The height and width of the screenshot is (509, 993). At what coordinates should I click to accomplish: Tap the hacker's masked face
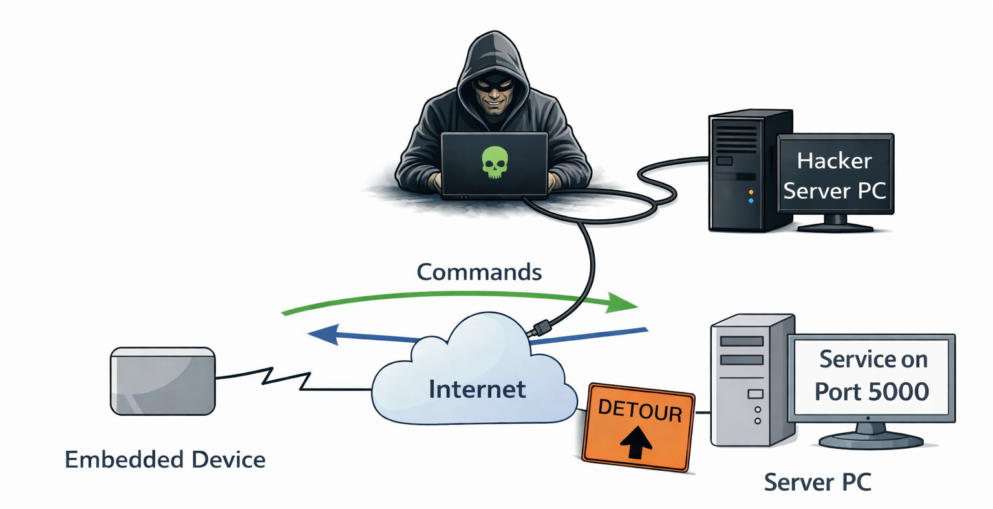494,94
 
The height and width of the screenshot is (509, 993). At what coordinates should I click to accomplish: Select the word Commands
479,272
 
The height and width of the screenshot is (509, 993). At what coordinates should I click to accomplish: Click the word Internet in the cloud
477,389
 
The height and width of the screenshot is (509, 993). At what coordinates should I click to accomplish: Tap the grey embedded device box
162,381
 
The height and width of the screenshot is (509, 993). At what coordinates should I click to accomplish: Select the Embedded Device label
165,460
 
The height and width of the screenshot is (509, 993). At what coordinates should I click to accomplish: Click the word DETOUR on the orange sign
639,410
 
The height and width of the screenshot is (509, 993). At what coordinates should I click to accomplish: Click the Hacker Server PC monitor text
834,175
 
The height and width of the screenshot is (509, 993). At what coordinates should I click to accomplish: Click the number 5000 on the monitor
902,391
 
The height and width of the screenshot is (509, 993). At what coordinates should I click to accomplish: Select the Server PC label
817,482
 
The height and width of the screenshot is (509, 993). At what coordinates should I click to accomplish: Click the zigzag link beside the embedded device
284,378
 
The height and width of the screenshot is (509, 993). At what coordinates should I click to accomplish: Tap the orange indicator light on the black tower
751,192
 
